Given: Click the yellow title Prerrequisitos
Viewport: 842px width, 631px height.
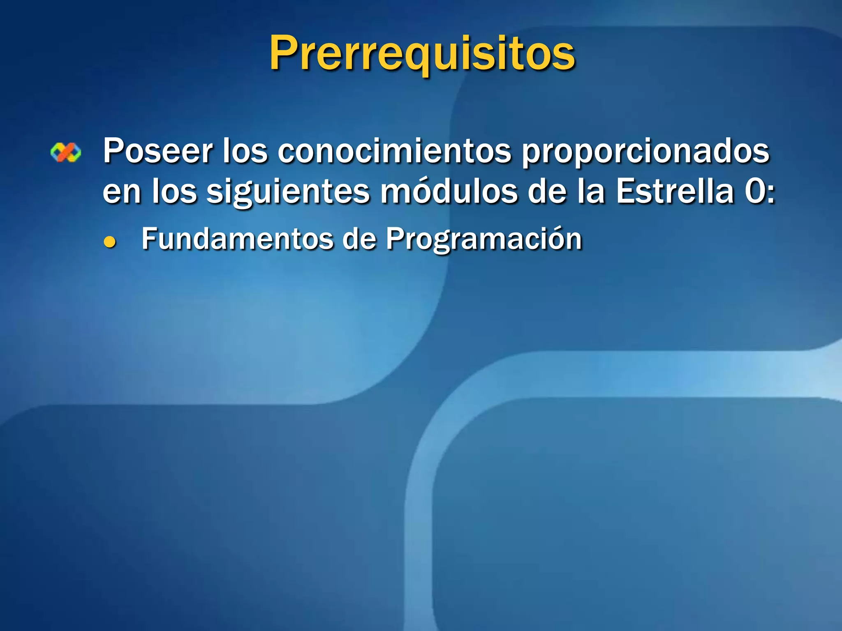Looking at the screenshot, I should [x=422, y=53].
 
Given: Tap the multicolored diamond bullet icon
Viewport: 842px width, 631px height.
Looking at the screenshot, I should [x=66, y=152].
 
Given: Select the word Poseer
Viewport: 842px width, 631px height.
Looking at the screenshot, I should [x=157, y=151].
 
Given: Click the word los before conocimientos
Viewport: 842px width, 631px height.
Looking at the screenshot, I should [x=245, y=151].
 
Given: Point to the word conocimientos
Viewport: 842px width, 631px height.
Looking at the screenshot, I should [x=395, y=151].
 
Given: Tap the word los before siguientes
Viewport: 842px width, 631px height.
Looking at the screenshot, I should [x=174, y=191].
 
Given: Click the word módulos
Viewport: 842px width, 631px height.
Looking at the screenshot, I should [x=449, y=191].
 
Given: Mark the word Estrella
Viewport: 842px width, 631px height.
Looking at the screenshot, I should [x=675, y=191].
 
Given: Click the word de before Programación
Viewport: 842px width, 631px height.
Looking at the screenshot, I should [x=359, y=239].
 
